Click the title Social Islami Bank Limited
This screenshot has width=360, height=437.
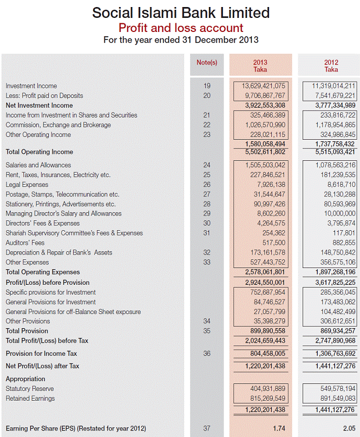pos(181,12)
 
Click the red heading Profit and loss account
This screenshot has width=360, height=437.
pos(181,28)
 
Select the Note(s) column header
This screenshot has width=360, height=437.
pos(206,62)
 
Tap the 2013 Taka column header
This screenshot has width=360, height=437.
pos(260,66)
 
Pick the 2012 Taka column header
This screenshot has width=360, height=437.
pos(331,66)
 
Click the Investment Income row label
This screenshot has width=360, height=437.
pos(31,86)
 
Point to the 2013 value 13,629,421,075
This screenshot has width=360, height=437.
pos(264,86)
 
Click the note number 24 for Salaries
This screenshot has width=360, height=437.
pos(206,165)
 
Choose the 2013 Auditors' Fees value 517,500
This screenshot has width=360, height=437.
pos(273,243)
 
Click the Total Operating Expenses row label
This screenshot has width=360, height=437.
pos(42,272)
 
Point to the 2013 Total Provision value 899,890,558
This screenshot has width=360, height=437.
pos(265,331)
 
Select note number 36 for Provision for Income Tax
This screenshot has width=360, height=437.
pos(206,354)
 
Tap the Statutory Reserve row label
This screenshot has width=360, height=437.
pos(30,389)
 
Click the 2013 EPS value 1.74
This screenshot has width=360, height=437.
pos(279,428)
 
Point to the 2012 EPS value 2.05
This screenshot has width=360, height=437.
pos(349,428)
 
